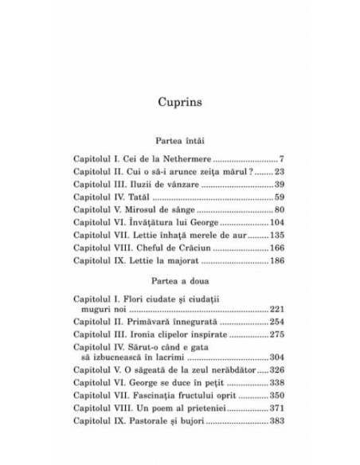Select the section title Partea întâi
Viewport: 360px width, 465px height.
pos(180,139)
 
